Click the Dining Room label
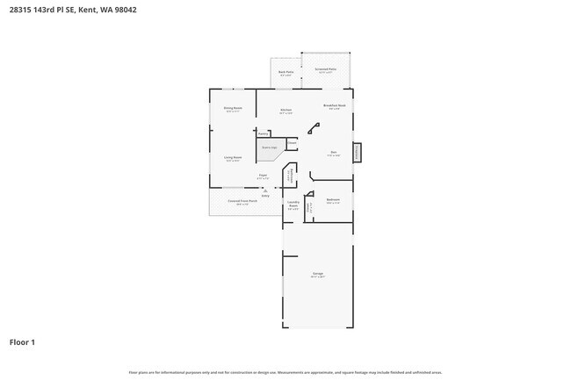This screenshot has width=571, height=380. pos(233,108)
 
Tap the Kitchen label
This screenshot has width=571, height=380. pos(285,110)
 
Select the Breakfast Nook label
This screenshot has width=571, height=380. pos(332,104)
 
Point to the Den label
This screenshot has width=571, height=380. pos(334,153)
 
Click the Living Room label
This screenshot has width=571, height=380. pos(233,158)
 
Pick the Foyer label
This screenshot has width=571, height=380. pos(263,176)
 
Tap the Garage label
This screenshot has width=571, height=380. pos(317,274)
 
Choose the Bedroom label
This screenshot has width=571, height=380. pos(333,199)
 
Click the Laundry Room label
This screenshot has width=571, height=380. pos(293,204)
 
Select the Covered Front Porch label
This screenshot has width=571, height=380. pos(242,201)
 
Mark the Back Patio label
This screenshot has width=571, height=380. pos(285,72)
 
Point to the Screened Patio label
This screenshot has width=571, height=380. pos(327,69)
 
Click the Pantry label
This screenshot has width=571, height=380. pos(263,133)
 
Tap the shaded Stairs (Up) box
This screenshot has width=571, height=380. pos(268,148)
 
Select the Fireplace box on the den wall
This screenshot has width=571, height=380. pos(357,152)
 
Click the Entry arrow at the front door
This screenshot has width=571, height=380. pos(264,191)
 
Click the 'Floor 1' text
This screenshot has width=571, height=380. pos(22,341)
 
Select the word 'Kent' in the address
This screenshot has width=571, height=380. pos(86,11)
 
